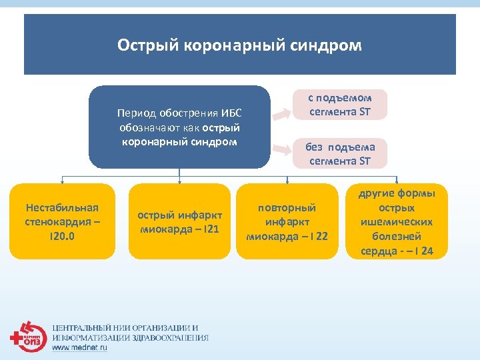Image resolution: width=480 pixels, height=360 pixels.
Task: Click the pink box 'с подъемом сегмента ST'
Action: pos(340,105)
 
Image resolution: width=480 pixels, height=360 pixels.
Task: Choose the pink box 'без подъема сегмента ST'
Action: pos(340,153)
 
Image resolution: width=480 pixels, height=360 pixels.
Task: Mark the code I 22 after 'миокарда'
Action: pos(315,236)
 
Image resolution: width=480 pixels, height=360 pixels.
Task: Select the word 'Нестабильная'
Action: pos(63,207)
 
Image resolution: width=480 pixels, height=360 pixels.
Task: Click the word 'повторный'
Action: pos(287,208)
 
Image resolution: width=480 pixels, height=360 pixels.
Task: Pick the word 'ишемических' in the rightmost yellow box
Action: pos(397,222)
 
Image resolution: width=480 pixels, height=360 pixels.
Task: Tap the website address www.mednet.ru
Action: pos(79,347)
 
